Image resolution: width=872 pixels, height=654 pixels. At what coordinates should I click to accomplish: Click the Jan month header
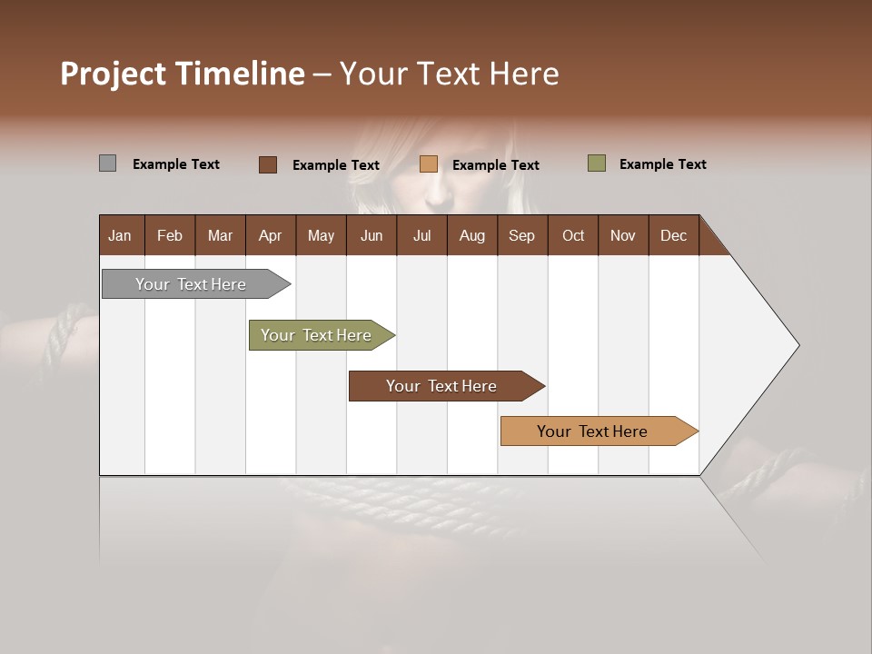120,235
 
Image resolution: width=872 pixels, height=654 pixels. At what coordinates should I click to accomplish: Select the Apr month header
270,235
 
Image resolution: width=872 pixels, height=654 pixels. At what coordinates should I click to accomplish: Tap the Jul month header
421,235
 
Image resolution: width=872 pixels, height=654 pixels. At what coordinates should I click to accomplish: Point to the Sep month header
521,235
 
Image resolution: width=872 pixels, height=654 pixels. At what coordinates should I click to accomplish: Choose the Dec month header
673,235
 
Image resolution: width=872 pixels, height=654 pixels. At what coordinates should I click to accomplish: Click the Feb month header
170,235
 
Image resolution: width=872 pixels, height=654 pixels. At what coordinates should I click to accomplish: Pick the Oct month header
573,235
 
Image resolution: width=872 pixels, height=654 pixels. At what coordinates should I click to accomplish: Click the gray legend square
107,163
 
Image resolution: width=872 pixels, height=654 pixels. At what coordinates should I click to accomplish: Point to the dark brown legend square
267,164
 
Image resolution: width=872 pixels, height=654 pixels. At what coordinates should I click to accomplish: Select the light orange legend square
429,164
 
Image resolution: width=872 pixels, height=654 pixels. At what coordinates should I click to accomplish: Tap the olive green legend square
596,163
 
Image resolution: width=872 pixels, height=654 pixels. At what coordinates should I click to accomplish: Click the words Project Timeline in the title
183,74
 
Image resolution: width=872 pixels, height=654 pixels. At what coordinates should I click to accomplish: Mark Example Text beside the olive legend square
662,164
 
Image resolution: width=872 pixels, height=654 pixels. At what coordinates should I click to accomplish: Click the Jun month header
372,235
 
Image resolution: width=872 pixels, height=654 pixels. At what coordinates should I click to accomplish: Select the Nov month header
622,235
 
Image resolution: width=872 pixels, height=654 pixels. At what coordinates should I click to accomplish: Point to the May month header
321,235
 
